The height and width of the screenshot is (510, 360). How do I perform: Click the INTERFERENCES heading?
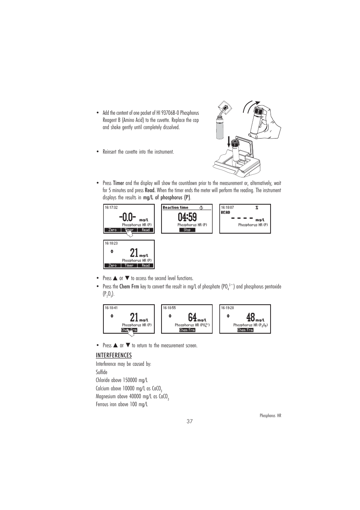click(114, 355)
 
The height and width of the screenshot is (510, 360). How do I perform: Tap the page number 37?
click(189, 422)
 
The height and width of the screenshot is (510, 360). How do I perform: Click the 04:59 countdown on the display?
click(187, 217)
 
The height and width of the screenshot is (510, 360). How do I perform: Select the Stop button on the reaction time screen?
click(187, 230)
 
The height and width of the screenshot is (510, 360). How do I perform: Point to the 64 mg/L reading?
click(192, 317)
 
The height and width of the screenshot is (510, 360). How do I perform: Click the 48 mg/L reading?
click(251, 317)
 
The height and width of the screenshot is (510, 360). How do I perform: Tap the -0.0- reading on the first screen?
click(127, 217)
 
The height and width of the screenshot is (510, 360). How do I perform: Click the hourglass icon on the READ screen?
click(257, 208)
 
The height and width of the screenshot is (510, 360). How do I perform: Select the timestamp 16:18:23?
click(111, 243)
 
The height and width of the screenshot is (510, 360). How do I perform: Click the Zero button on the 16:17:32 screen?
click(112, 230)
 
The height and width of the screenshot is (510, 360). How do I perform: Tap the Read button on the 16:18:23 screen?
click(146, 265)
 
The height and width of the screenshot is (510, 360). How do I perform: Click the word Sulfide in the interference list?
click(102, 372)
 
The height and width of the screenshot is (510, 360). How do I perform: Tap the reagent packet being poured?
click(226, 107)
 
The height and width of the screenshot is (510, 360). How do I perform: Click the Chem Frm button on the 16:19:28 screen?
click(245, 330)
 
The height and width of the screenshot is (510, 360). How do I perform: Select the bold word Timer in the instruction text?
click(118, 183)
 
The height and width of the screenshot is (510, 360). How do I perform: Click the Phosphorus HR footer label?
click(270, 416)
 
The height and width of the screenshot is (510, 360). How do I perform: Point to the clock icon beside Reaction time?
click(202, 208)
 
